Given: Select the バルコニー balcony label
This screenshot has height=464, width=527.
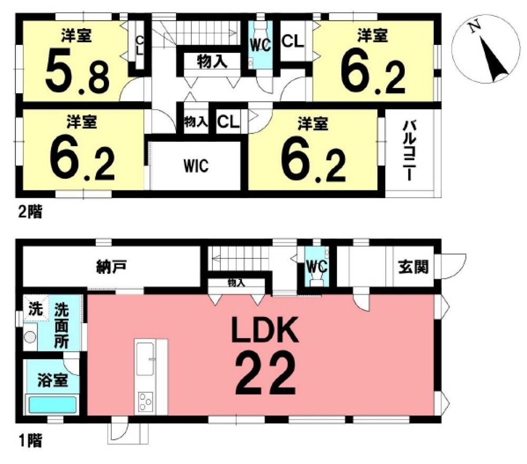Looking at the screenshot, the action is [x=409, y=151].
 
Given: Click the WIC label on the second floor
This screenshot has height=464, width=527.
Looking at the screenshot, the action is [x=196, y=166].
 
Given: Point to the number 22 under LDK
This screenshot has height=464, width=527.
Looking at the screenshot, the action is [x=266, y=373].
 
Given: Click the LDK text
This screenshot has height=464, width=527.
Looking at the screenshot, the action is [x=265, y=330].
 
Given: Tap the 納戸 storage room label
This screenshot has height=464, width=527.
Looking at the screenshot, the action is [x=111, y=268].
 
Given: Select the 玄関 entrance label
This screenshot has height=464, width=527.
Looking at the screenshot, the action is [x=413, y=267].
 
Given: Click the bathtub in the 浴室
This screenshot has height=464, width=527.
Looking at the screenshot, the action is [x=52, y=405].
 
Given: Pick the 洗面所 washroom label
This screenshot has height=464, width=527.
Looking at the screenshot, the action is [x=62, y=326].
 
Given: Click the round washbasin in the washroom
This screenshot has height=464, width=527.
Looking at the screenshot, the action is [x=30, y=336].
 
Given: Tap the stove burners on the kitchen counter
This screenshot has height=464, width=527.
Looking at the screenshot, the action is [x=145, y=401].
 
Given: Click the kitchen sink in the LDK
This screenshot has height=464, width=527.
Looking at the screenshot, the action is [x=145, y=359].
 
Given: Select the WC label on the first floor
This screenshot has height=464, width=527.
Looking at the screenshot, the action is [x=316, y=267].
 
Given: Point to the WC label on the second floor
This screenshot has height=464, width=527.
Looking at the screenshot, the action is [x=260, y=45].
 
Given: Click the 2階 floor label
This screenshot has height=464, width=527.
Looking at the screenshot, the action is [x=30, y=212].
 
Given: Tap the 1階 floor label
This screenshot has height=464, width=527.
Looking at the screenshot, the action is [x=31, y=440].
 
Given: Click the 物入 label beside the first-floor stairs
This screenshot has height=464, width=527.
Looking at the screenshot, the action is [x=236, y=283].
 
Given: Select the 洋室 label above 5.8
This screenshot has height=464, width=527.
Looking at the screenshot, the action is [x=76, y=35].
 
